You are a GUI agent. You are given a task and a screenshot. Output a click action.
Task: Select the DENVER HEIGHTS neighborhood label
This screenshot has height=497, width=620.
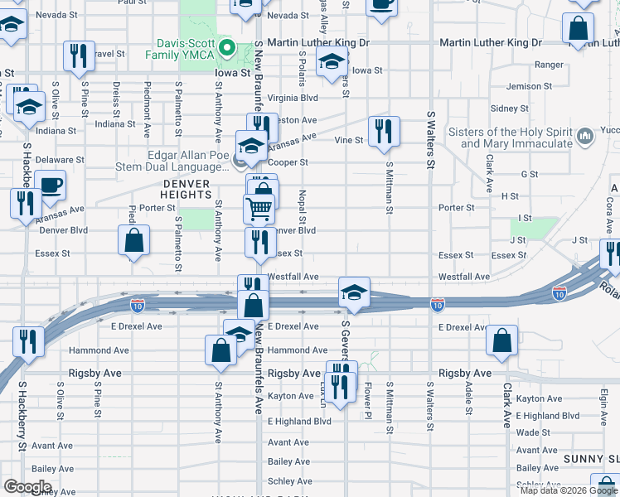pos(186,188)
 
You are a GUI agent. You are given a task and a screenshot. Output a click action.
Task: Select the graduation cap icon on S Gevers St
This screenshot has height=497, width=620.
pos(354,292)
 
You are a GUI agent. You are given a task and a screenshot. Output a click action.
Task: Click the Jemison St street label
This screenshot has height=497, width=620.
pos(529,86)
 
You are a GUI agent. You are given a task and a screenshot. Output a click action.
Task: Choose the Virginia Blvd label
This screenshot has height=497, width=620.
pos(291,97)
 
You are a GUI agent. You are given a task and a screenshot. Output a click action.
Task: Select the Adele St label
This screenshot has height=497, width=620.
pos(469,398)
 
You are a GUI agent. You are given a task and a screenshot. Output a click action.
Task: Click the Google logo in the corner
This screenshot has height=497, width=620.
pos(27,487)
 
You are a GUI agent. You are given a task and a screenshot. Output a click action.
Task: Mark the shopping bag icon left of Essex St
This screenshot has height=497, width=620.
pos(133,241)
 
